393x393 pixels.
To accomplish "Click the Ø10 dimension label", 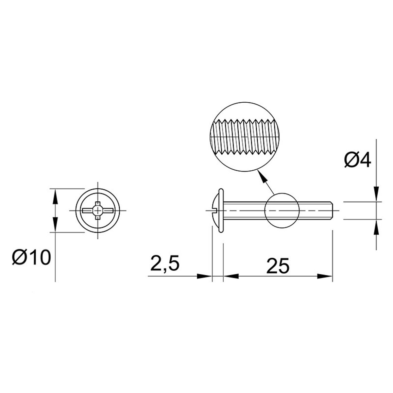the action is click(32, 258).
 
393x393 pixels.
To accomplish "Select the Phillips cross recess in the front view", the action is click(98, 210).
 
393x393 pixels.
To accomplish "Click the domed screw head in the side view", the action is click(216, 210).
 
